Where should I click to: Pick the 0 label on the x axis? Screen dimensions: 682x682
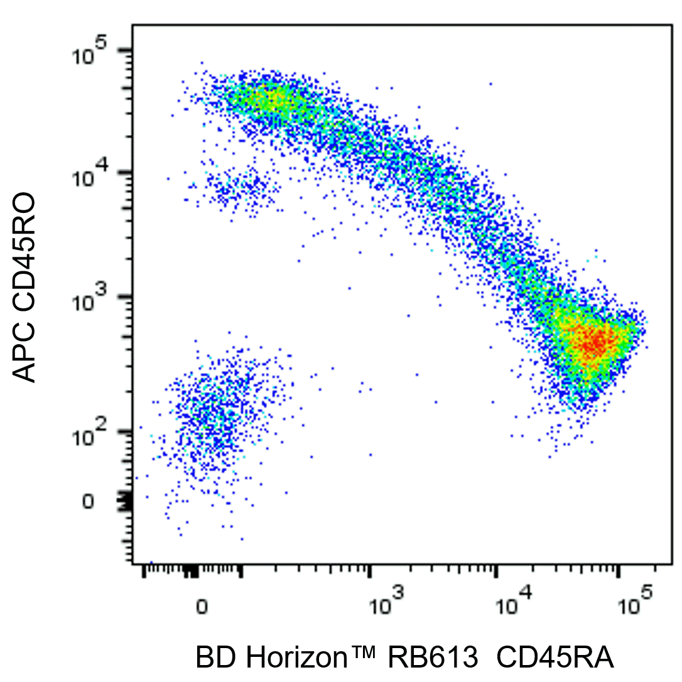click(202, 607)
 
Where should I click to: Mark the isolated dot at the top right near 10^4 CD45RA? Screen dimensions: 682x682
click(490, 83)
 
